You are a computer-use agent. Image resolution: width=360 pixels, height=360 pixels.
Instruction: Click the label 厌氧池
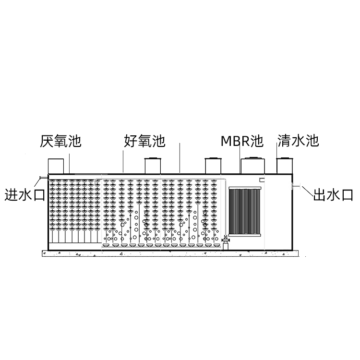tap(60, 141)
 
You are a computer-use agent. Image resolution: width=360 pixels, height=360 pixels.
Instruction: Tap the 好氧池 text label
tap(144, 141)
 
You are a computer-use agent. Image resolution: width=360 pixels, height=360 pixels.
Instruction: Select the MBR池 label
tap(242, 141)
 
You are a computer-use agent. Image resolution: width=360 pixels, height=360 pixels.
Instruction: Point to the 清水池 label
tap(298, 141)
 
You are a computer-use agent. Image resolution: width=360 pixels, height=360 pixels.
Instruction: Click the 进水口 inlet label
tap(25, 195)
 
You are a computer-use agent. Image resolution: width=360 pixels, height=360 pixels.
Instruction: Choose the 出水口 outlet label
tap(333, 195)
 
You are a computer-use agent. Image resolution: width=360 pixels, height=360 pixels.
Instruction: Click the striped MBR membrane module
tap(245, 211)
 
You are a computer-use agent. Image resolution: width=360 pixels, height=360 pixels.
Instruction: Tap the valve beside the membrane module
tap(226, 240)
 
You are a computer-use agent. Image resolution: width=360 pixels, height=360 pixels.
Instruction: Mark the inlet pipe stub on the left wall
tap(44, 177)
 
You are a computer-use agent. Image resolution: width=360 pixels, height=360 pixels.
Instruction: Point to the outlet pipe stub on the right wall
tap(296, 186)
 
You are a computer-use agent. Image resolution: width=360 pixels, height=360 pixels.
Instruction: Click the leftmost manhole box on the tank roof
tap(56, 166)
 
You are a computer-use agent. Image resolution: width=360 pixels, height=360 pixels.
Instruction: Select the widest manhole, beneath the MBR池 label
tap(253, 165)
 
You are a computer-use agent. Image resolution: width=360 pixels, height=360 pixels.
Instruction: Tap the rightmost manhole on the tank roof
tap(285, 166)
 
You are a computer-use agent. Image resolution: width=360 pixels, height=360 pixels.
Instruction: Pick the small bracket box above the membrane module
tap(262, 180)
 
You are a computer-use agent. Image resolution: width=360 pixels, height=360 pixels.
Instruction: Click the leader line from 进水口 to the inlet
tap(37, 182)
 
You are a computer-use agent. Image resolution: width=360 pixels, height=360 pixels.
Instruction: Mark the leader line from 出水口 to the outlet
tap(307, 192)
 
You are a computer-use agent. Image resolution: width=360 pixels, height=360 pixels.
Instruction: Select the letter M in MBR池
tap(226, 141)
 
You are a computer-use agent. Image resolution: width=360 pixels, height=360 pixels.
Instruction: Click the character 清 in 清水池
tap(284, 141)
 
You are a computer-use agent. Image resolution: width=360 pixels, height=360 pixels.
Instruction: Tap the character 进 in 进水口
tap(11, 195)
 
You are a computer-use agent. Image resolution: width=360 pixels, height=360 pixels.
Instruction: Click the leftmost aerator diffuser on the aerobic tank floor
tap(106, 245)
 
